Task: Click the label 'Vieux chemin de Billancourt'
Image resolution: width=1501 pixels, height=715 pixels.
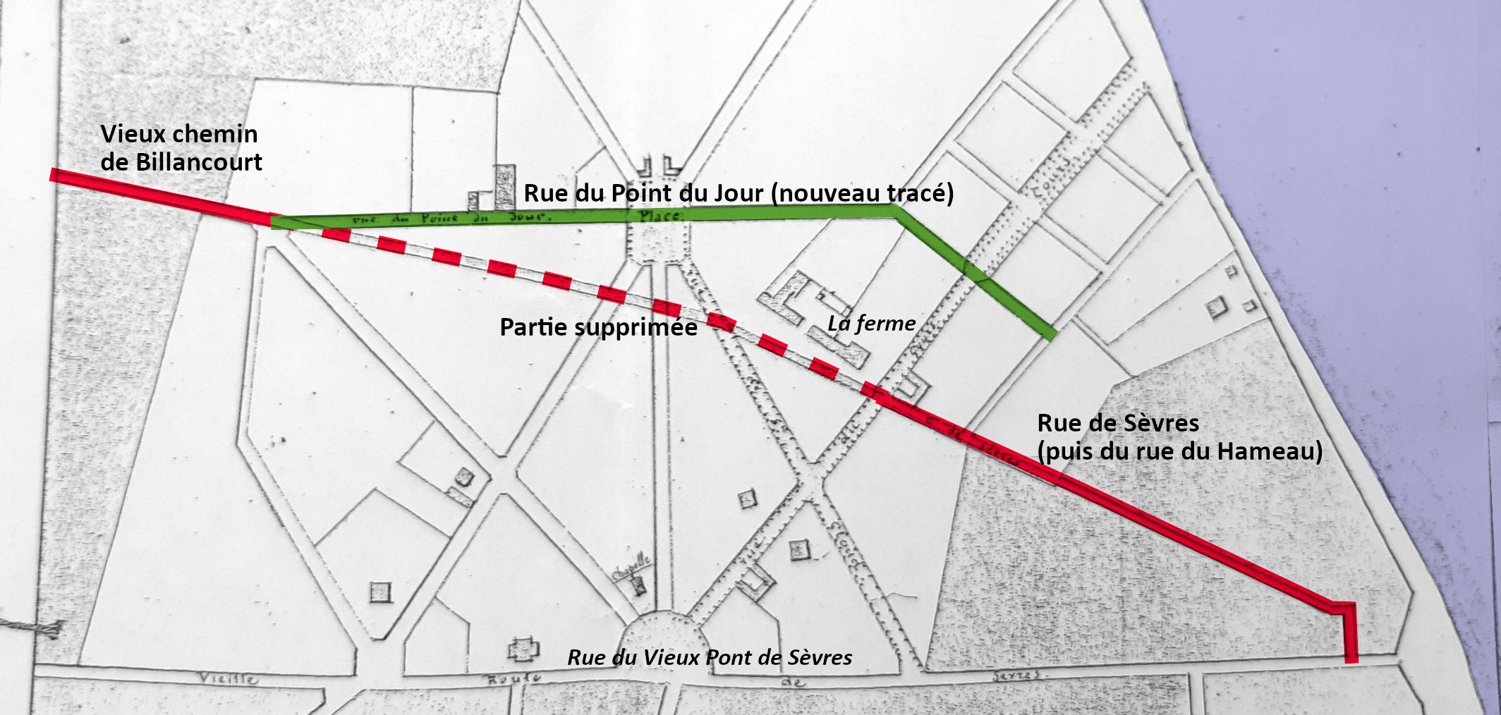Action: click(181, 147)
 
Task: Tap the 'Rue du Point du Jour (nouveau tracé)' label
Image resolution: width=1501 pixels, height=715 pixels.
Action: click(738, 192)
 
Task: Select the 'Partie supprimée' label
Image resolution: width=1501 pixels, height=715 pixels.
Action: click(598, 327)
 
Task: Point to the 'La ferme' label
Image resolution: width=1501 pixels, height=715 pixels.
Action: click(871, 324)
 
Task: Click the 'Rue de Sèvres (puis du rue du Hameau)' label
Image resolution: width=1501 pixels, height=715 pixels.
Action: click(1179, 437)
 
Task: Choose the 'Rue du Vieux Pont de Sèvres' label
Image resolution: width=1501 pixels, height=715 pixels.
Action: click(710, 657)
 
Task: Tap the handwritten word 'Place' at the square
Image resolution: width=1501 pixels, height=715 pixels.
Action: click(660, 216)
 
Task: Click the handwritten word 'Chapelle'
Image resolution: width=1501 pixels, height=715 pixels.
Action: click(631, 567)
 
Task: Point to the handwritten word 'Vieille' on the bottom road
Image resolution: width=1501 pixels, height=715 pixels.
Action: click(228, 678)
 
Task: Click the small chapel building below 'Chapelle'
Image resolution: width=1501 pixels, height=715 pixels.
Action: click(639, 585)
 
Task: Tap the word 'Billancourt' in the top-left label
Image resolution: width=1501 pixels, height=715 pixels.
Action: click(199, 162)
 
